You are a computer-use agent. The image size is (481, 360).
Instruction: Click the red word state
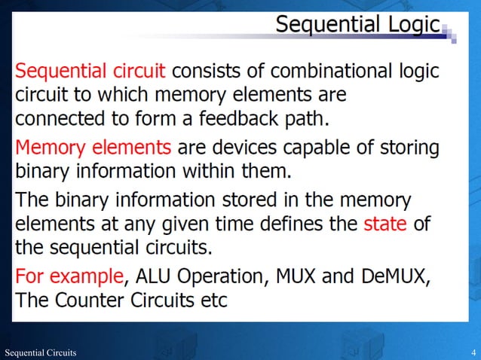click(x=385, y=224)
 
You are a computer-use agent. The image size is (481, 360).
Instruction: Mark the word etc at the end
click(x=211, y=300)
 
